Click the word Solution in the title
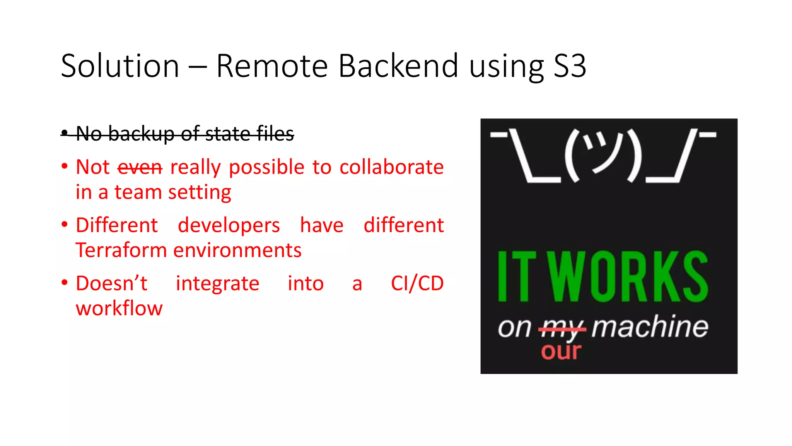pyautogui.click(x=120, y=66)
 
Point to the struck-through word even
pyautogui.click(x=140, y=167)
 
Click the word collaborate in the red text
pyautogui.click(x=391, y=167)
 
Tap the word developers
pyautogui.click(x=229, y=225)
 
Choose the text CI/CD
pyautogui.click(x=417, y=283)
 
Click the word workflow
pyautogui.click(x=119, y=309)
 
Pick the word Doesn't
pyautogui.click(x=112, y=283)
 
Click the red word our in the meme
pyautogui.click(x=561, y=351)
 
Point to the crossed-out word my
pyautogui.click(x=562, y=328)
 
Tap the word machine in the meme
pyautogui.click(x=650, y=327)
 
